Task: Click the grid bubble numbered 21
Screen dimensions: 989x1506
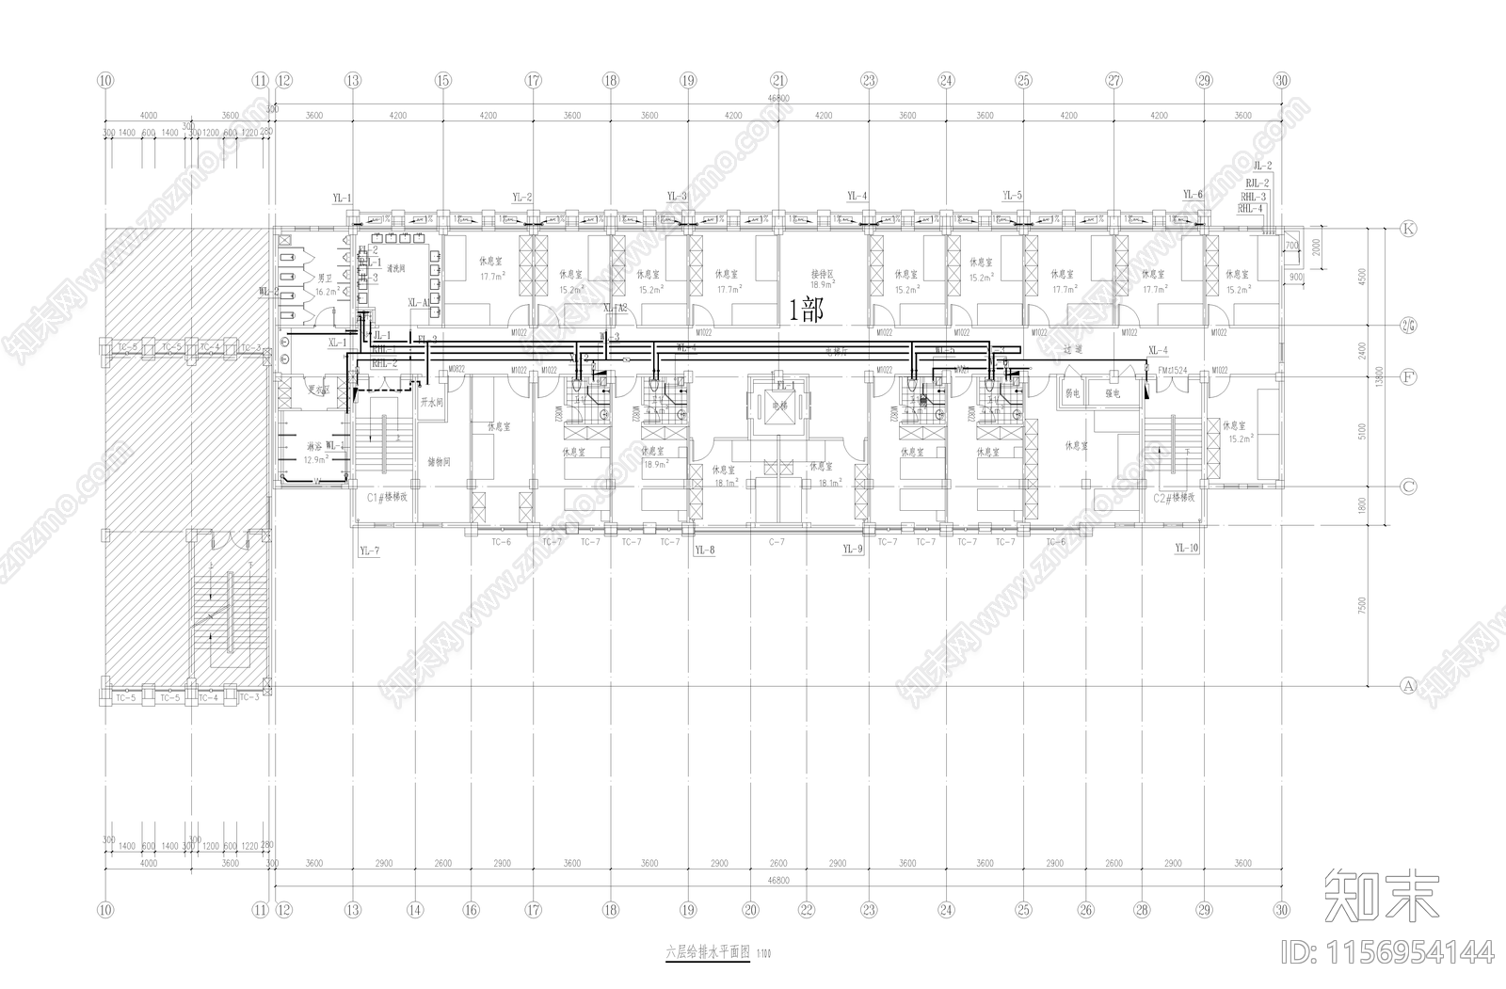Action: coord(778,81)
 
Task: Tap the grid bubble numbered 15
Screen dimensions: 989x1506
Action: coord(443,81)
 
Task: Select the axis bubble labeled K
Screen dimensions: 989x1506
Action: coord(1409,229)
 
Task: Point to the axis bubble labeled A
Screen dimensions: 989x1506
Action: coord(1409,685)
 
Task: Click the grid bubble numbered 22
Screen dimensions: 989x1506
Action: coord(806,910)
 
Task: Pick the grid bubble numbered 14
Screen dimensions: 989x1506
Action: coord(415,910)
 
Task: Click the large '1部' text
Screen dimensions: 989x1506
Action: coord(806,310)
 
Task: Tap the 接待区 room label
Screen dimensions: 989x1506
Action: coord(824,275)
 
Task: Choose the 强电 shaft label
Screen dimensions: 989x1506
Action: coord(1113,393)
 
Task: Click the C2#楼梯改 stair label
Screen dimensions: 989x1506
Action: coord(1174,496)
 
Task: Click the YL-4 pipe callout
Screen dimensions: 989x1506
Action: coord(857,196)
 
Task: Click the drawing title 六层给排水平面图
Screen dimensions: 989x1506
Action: coord(707,952)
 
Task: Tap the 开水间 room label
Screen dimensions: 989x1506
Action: coord(430,402)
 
